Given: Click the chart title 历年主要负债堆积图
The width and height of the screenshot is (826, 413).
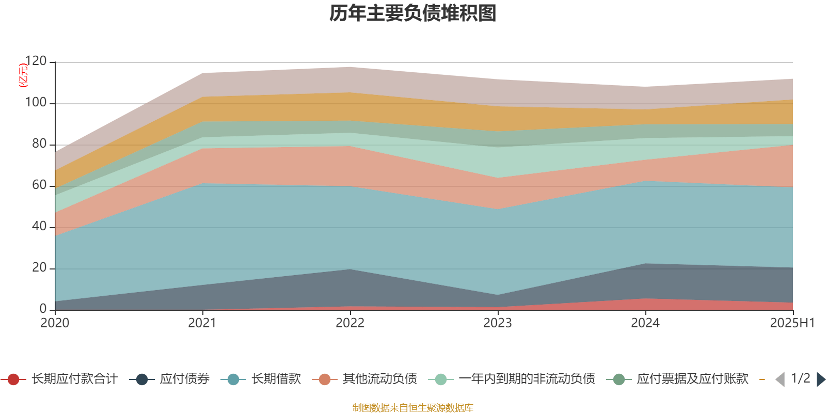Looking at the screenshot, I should pos(413,14).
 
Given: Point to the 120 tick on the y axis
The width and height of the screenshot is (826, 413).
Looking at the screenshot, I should pos(36,61).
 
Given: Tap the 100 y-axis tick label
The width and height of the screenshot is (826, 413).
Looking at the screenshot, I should pos(36,103).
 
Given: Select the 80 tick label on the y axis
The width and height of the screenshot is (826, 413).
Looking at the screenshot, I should pos(39,144).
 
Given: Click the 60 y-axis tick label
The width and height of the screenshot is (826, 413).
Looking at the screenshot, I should pos(39,185).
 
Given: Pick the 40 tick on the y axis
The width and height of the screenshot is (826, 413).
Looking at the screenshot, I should pos(39,227).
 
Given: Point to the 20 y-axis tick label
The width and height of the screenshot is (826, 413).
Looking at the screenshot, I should pos(39,268).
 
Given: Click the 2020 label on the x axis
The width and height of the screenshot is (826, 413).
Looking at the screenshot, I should pos(55,323).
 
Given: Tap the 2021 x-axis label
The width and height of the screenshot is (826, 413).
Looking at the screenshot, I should pos(202,323).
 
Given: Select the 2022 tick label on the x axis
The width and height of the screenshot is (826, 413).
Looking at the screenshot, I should pos(350,323).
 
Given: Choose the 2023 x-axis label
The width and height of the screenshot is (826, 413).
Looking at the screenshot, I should pos(498,323).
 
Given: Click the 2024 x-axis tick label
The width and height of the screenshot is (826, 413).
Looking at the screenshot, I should pos(645,323).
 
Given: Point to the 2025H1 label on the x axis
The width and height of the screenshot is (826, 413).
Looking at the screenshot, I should pos(791,323).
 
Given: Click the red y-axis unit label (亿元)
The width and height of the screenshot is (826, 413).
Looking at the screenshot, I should pos(23,75).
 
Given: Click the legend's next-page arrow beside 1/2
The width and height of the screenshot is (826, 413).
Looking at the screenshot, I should pos(821,379).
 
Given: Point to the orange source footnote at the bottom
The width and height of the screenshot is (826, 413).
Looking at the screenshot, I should pos(412,408).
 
